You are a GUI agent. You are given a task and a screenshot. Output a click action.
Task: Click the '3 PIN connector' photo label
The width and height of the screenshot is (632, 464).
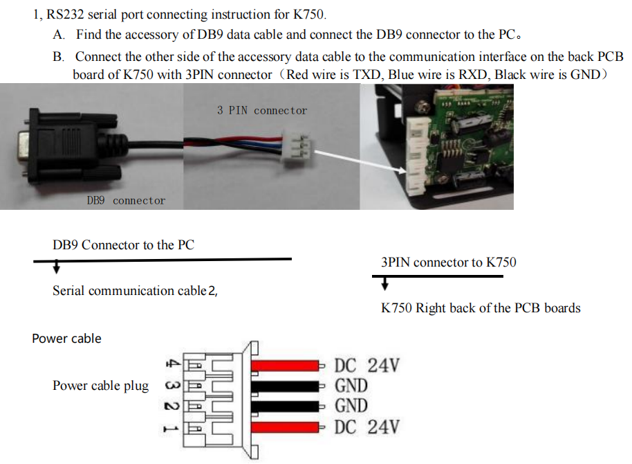(261, 111)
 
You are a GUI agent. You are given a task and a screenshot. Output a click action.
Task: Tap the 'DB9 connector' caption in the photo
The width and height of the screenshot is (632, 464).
(126, 201)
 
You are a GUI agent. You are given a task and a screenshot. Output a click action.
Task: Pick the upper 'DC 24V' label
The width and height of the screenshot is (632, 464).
(366, 366)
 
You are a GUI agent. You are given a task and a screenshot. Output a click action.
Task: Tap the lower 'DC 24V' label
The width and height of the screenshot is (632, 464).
(366, 427)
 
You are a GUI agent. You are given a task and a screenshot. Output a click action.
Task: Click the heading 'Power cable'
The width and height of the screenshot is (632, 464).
(66, 339)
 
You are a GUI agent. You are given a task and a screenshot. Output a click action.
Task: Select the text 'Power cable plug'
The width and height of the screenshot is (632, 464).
(100, 386)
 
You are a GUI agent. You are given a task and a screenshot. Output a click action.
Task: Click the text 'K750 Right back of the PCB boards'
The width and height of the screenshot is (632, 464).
(481, 308)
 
